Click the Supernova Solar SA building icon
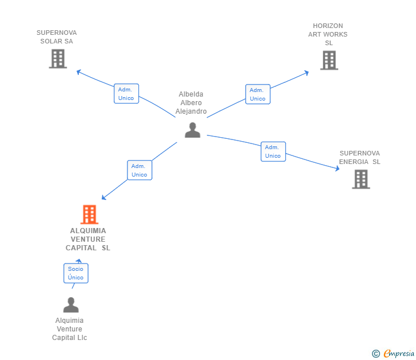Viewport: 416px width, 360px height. coord(58,59)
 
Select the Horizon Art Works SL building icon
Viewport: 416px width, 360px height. coord(329,60)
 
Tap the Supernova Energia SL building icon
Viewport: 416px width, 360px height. coord(361,179)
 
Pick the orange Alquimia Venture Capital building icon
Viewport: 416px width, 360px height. coord(89,214)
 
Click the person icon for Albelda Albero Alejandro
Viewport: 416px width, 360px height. coord(193,130)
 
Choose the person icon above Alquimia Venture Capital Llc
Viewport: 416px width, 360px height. coord(71,305)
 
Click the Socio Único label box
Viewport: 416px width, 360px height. coord(76,273)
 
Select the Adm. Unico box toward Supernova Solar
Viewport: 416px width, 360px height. coord(126,94)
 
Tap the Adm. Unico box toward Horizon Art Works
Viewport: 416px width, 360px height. coord(258,94)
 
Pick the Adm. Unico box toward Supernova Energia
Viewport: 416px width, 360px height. coord(273,151)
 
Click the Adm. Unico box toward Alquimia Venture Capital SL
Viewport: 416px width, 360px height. coord(139,170)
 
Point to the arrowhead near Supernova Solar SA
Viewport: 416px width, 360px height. coord(78,71)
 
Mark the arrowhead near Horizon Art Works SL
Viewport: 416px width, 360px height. coord(307,73)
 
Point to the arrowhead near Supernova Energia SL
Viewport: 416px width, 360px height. coord(338,168)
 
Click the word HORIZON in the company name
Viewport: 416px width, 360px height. coord(328,26)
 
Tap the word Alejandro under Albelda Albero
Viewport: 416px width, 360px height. coord(191,111)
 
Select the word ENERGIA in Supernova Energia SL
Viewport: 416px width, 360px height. coord(354,162)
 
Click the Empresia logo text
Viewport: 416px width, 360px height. coord(399,353)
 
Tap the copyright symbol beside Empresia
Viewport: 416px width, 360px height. coord(376,354)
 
